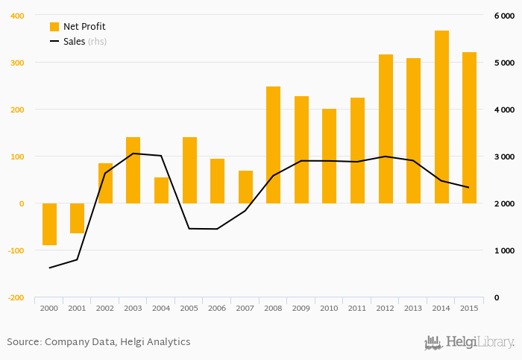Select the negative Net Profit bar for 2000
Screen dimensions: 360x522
[x=49, y=224]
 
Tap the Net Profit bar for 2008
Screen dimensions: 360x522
[x=273, y=145]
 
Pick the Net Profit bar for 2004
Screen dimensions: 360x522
[x=161, y=190]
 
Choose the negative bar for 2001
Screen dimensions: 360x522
[x=78, y=218]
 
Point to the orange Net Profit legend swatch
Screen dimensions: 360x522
[x=54, y=27]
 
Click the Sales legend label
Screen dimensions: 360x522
[x=74, y=42]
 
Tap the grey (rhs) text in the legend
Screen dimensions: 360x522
[x=97, y=42]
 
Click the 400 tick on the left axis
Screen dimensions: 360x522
[x=16, y=16]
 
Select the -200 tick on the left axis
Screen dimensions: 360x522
[x=14, y=297]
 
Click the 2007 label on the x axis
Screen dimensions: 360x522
[x=245, y=308]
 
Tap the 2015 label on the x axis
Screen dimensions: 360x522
[x=469, y=308]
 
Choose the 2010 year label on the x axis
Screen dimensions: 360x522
[x=329, y=308]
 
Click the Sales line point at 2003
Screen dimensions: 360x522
[x=133, y=154]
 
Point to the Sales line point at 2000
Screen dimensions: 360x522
[x=49, y=268]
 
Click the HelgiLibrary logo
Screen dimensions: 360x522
[x=470, y=342]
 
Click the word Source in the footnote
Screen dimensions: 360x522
[x=23, y=342]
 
